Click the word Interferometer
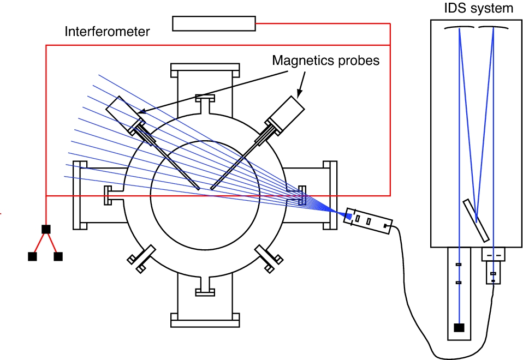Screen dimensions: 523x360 pyautogui.click(x=107, y=32)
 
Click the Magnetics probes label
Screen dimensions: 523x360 pyautogui.click(x=325, y=61)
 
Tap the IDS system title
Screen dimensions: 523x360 pyautogui.click(x=478, y=8)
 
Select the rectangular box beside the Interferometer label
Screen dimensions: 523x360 pyautogui.click(x=214, y=23)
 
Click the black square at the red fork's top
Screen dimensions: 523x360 pyautogui.click(x=46, y=229)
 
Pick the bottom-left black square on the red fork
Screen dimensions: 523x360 pyautogui.click(x=32, y=256)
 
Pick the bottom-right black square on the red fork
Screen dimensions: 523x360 pyautogui.click(x=58, y=256)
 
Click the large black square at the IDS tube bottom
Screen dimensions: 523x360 pyautogui.click(x=459, y=328)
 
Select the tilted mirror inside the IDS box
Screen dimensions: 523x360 pyautogui.click(x=476, y=220)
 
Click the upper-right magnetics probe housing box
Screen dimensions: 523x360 pyautogui.click(x=287, y=113)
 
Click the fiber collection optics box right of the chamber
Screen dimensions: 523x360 pyautogui.click(x=368, y=221)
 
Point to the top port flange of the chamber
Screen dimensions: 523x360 pyautogui.click(x=205, y=70)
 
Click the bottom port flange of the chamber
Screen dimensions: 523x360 pyautogui.click(x=205, y=320)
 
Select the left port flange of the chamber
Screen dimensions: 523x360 pyautogui.click(x=80, y=195)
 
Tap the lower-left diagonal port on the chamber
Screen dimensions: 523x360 pyautogui.click(x=141, y=259)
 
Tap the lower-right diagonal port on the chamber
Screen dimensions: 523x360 pyautogui.click(x=269, y=259)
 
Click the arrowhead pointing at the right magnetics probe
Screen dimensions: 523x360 pyautogui.click(x=300, y=93)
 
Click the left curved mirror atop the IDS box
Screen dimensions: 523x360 pyautogui.click(x=459, y=28)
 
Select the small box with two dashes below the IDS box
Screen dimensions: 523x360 pyautogui.click(x=494, y=254)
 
